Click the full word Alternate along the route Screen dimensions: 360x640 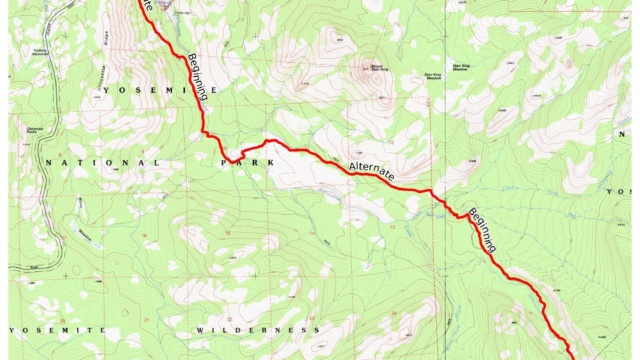coord(372,171)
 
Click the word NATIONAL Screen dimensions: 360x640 coord(89,161)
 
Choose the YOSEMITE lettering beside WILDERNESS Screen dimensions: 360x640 coord(57,329)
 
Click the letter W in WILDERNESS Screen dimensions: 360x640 coord(200,329)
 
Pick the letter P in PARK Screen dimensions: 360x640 coord(226,160)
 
